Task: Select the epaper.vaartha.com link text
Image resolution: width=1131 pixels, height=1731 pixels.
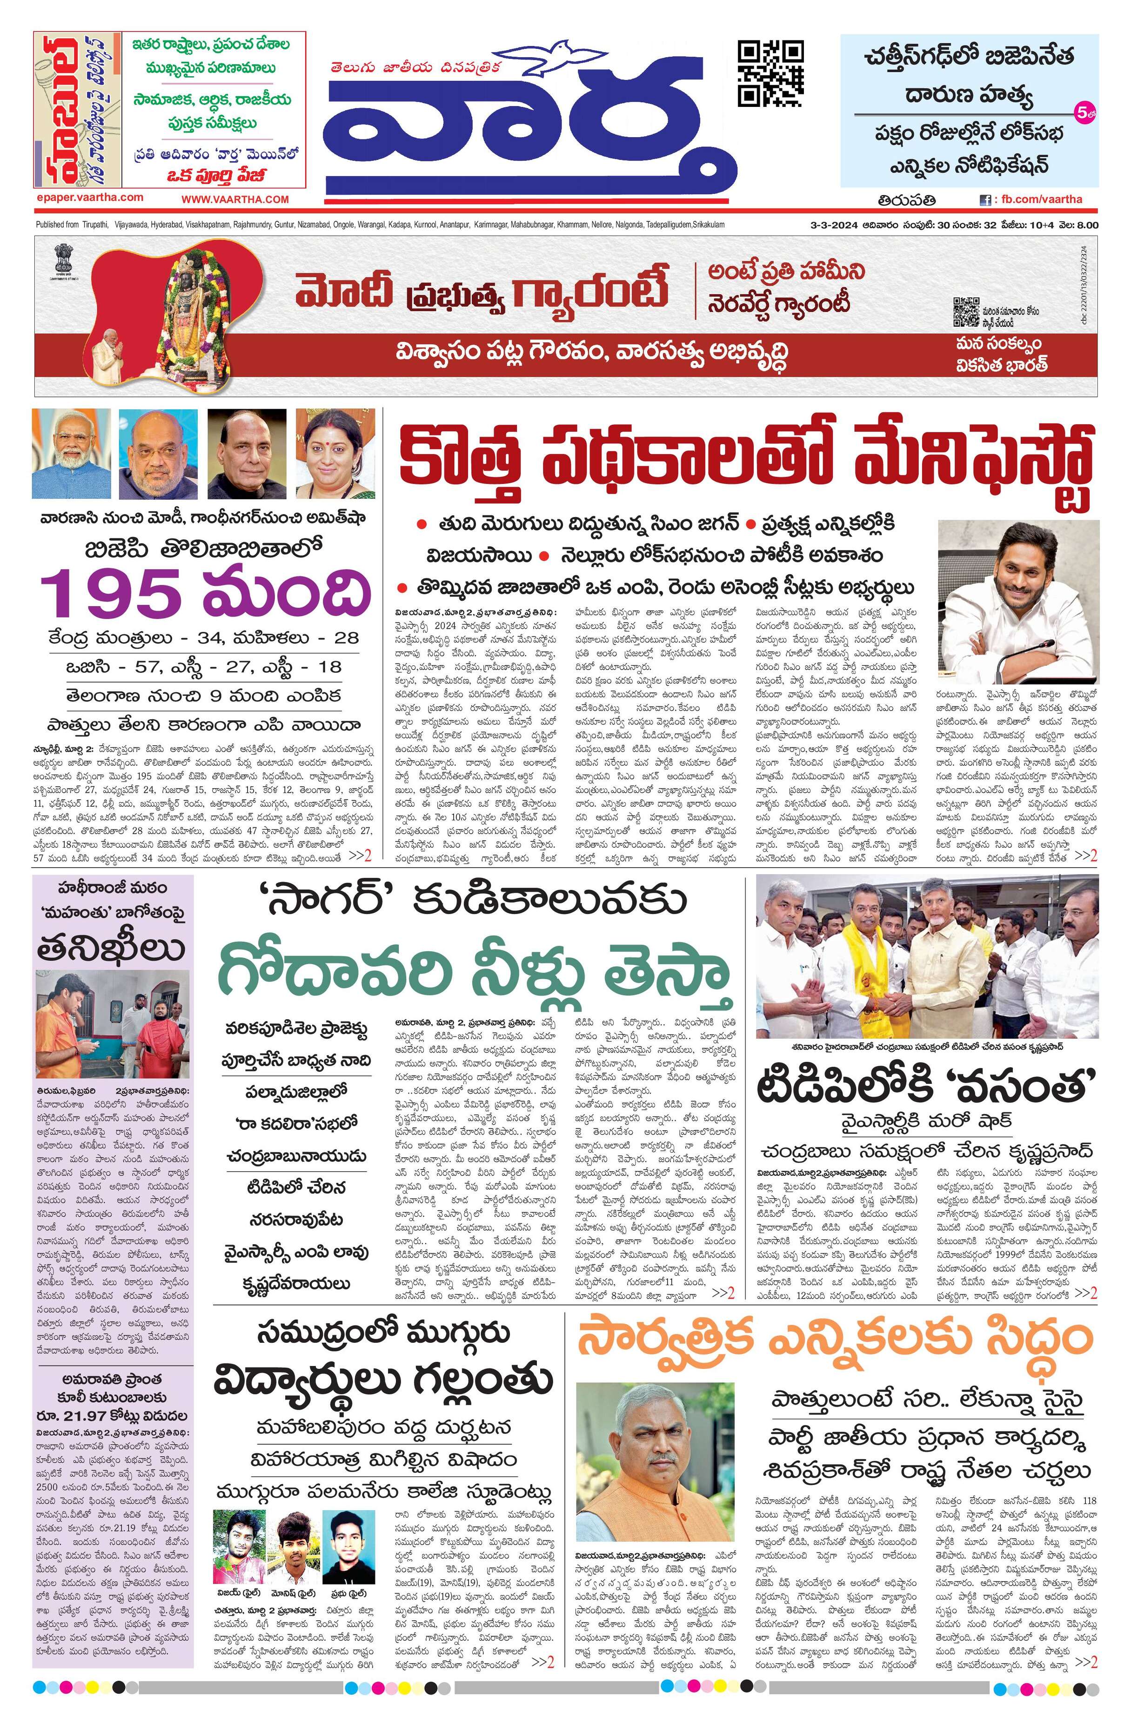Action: pos(89,197)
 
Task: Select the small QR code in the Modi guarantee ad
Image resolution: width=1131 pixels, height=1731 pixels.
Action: pos(965,312)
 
